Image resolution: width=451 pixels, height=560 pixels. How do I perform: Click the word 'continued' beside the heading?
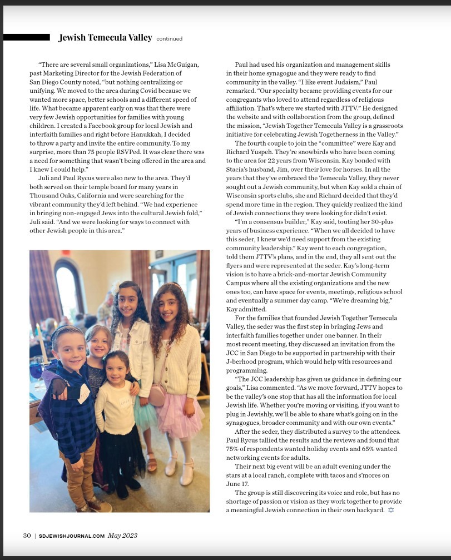point(169,39)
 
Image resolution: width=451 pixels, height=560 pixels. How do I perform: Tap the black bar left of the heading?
point(26,37)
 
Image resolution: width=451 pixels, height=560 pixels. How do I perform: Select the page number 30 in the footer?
point(27,536)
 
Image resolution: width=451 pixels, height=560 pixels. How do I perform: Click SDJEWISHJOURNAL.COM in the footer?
point(72,536)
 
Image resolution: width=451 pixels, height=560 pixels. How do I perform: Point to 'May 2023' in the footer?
point(122,536)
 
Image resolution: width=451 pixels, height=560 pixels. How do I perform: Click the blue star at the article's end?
point(391,510)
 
